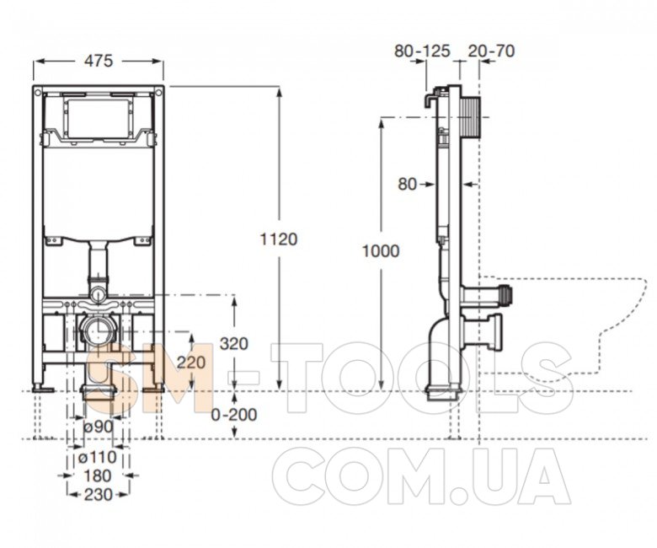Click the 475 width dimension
tap(99, 61)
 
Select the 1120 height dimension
tap(279, 239)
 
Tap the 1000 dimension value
tap(381, 251)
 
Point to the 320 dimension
tap(234, 344)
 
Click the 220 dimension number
tap(191, 362)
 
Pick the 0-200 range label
tap(234, 415)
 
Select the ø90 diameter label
tap(99, 427)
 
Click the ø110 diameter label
tap(98, 457)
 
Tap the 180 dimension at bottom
tap(98, 475)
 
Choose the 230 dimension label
tap(99, 495)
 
